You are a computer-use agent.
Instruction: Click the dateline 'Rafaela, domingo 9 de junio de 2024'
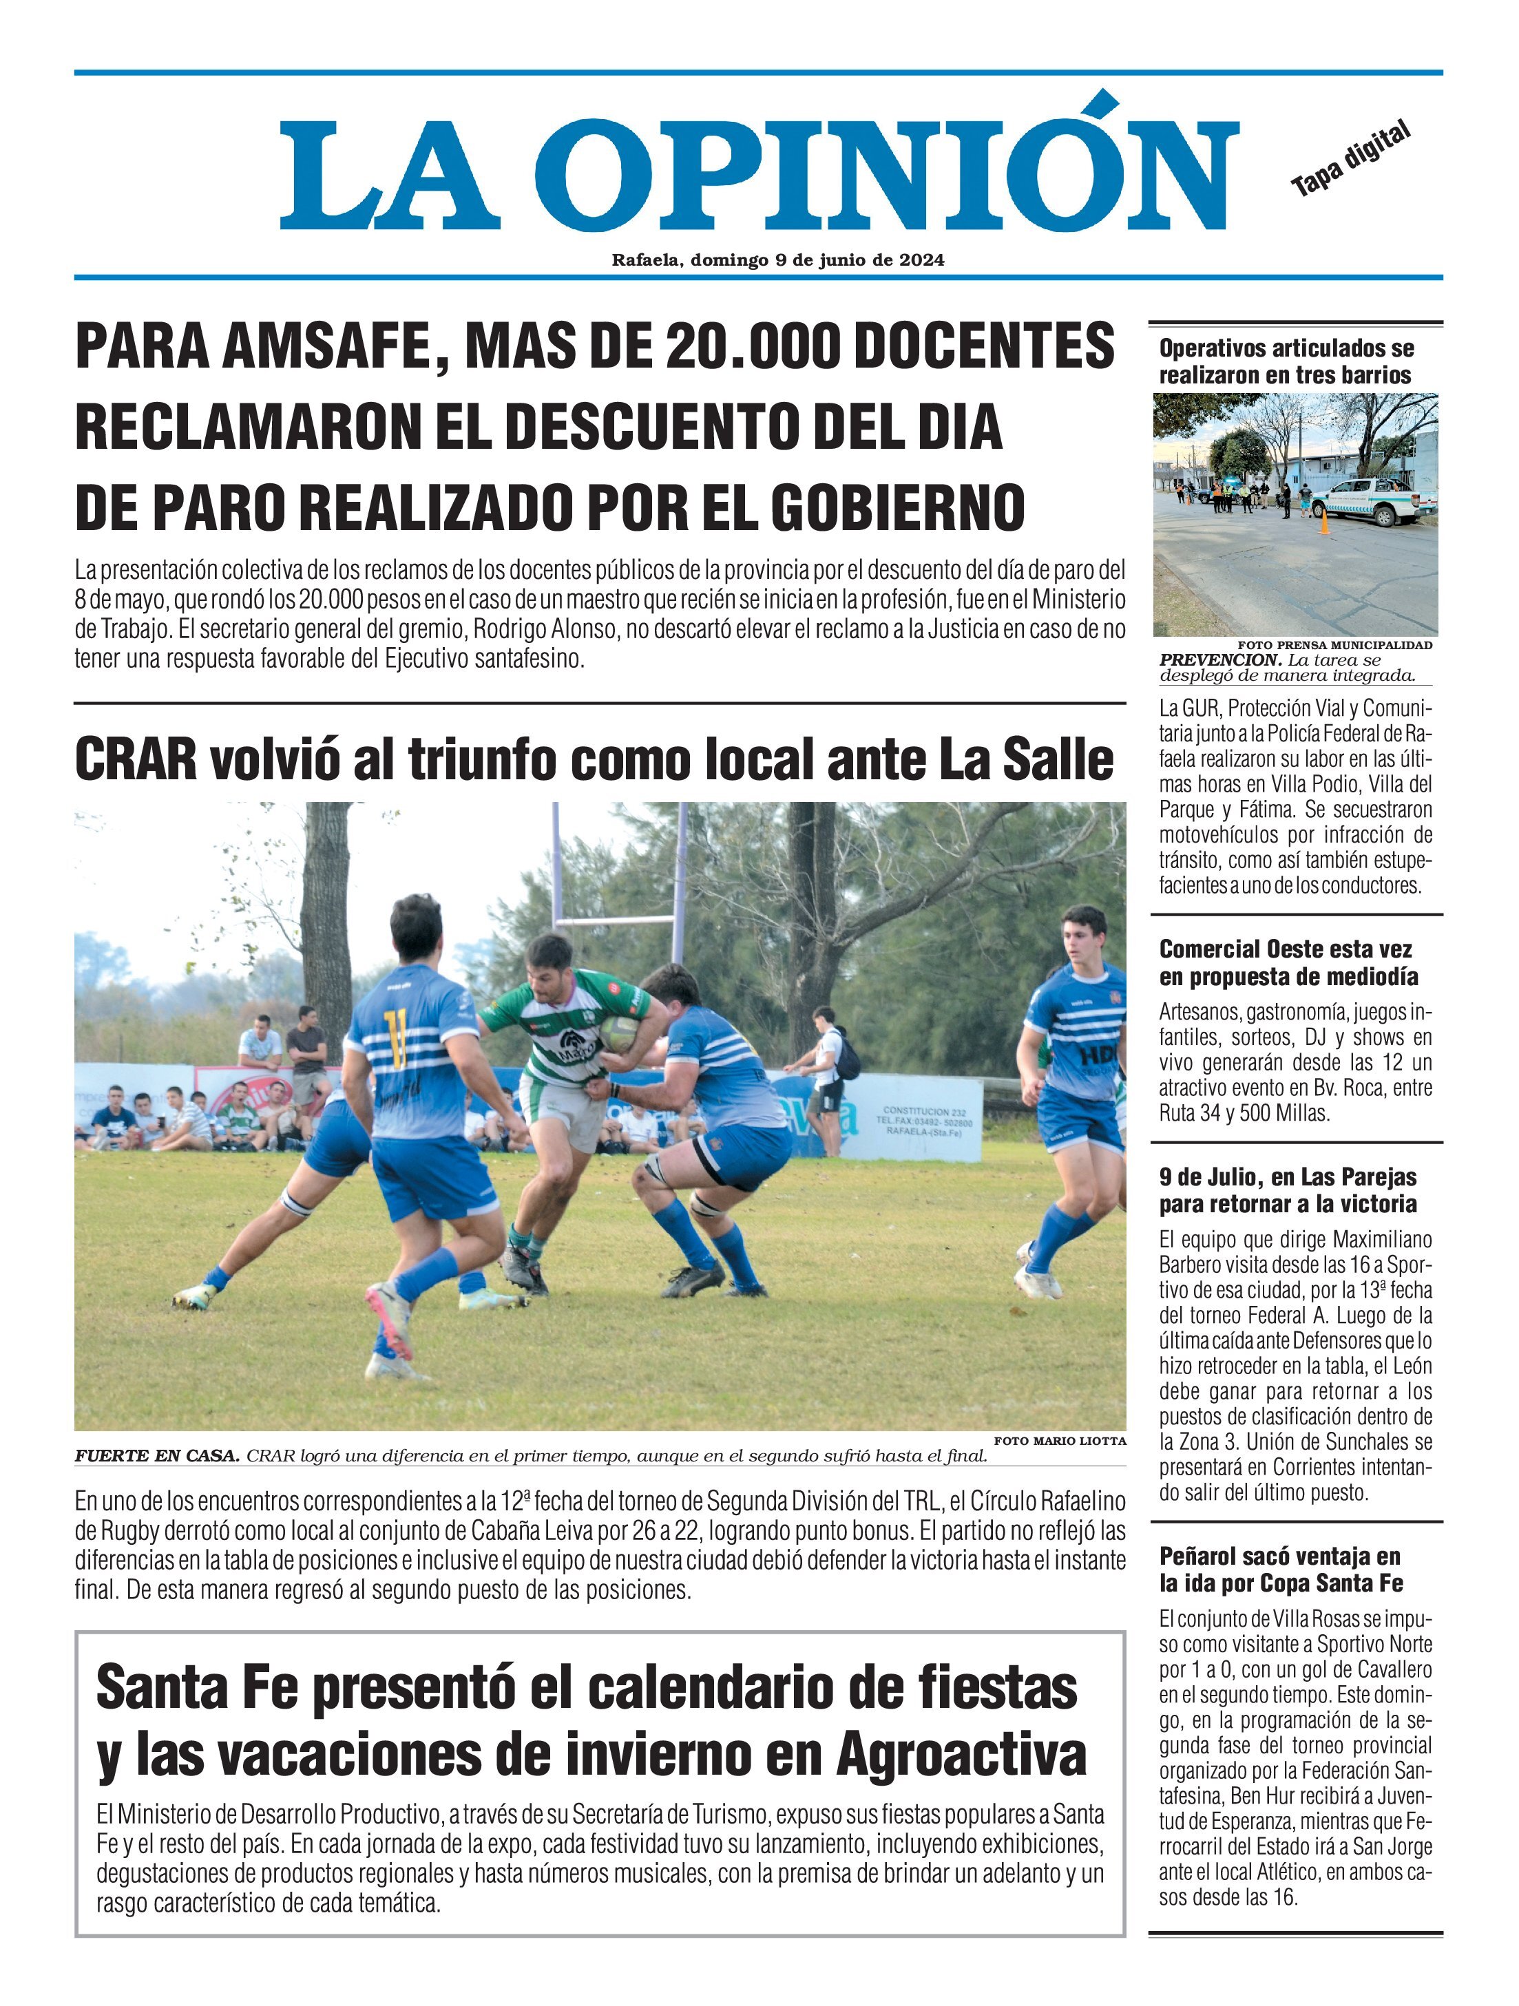coord(777,260)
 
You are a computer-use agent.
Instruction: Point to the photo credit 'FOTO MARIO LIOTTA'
coord(1059,1440)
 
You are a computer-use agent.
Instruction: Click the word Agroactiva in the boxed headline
coord(961,1755)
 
